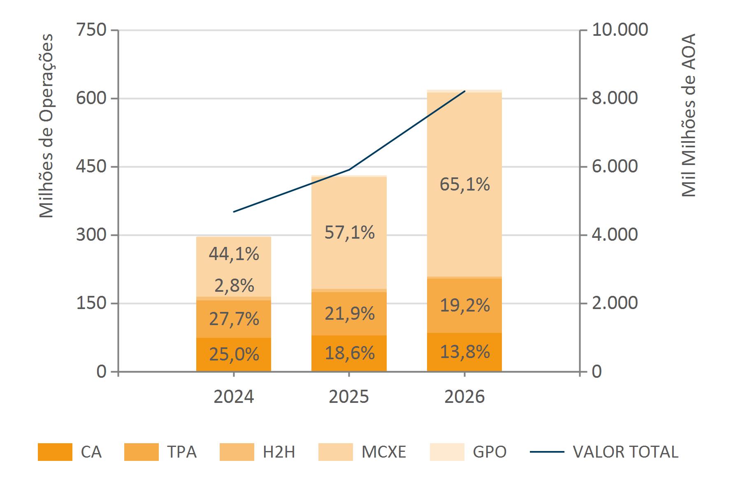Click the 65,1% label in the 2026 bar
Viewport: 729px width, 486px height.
point(464,184)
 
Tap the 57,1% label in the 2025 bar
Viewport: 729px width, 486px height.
point(349,233)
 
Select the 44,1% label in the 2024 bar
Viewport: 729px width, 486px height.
point(234,254)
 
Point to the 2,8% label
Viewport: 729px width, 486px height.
point(234,286)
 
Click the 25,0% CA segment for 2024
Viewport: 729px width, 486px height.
point(234,354)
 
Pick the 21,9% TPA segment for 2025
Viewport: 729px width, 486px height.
point(349,314)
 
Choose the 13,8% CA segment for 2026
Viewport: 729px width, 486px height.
point(464,352)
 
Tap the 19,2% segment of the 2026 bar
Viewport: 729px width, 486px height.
point(464,305)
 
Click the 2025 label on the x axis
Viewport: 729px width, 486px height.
point(349,397)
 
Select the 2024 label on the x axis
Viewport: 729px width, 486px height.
point(234,397)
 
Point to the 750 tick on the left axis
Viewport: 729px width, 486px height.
point(91,30)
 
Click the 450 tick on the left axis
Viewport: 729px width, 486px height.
point(91,167)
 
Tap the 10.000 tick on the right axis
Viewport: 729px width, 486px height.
point(620,30)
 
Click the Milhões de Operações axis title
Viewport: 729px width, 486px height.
point(46,126)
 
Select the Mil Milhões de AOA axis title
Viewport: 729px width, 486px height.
point(688,115)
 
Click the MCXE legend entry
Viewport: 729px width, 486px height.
point(383,452)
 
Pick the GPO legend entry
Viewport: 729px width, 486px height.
point(489,452)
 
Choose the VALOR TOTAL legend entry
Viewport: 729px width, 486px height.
point(625,452)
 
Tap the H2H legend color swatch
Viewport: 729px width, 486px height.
point(237,452)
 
